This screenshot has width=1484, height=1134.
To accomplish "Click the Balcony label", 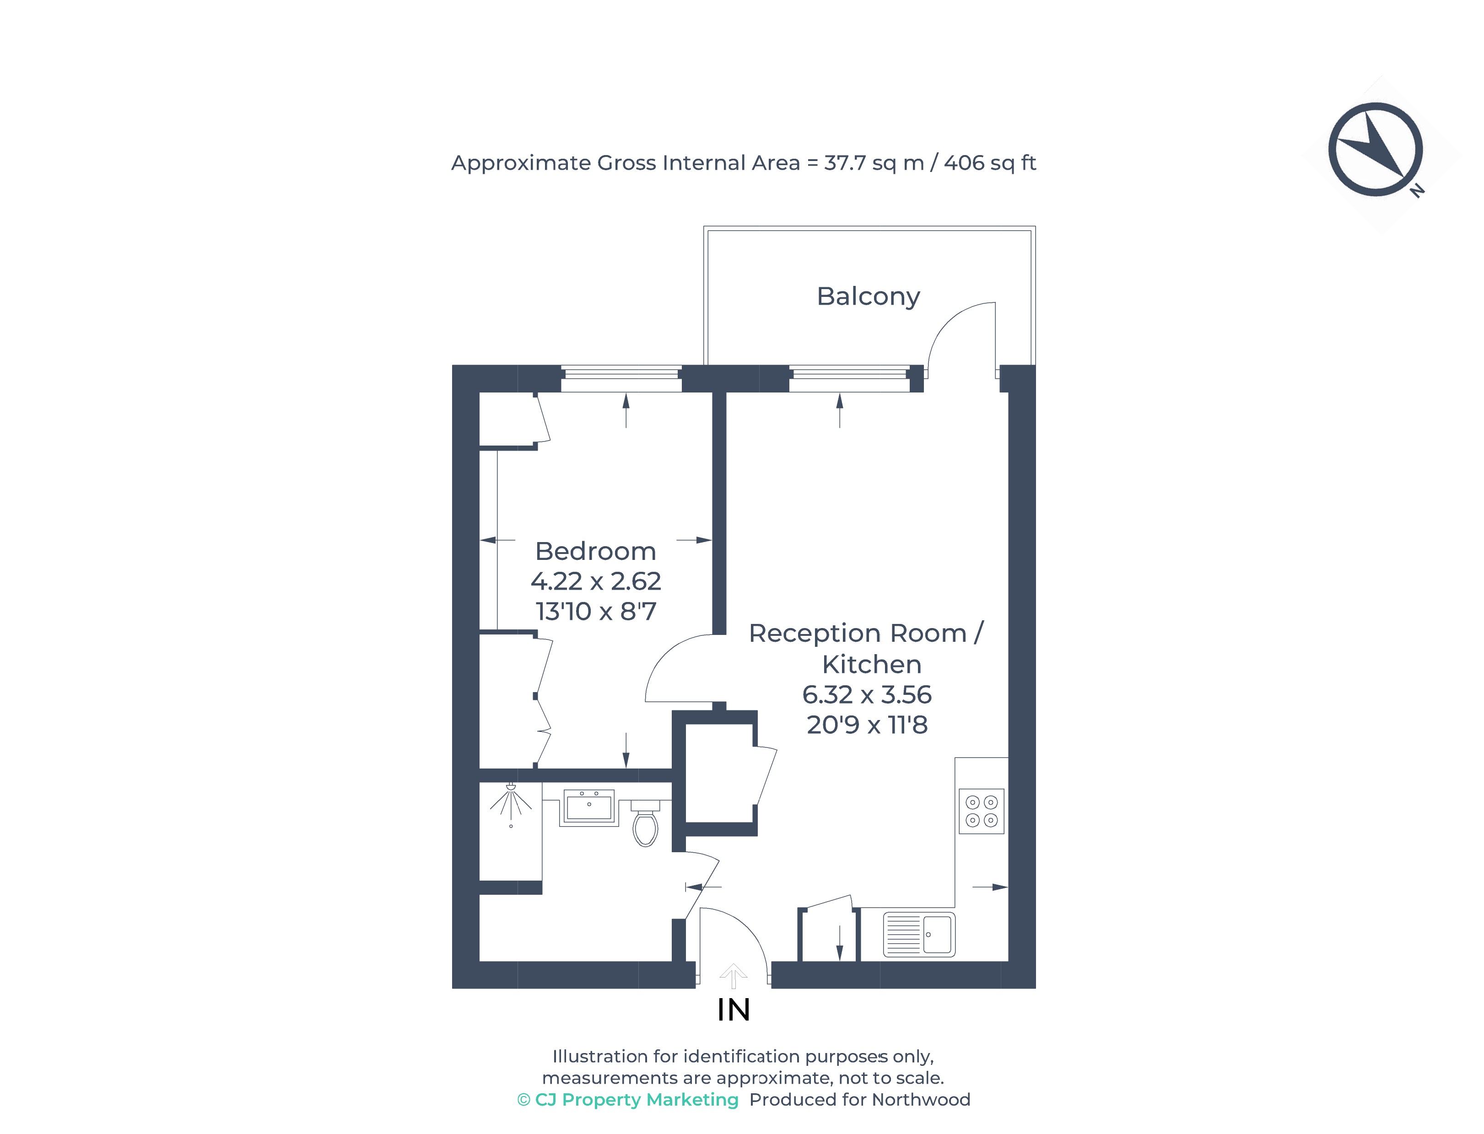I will pos(868,296).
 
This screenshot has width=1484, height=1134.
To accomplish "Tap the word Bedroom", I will pos(595,552).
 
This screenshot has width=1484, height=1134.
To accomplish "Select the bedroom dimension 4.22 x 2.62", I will pos(595,581).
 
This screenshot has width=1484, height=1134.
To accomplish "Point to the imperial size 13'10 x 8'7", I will pos(595,612).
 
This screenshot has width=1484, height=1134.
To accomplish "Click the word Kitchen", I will pos(871,665).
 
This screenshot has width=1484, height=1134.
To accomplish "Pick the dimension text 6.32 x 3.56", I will pos(866,694).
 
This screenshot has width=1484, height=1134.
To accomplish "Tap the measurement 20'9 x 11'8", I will pos(866,725).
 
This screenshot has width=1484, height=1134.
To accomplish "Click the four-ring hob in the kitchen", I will pos(981,812).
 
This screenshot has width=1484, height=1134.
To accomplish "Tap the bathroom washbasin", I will pos(589,807).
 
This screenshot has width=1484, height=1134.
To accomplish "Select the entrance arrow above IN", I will pos(733,975).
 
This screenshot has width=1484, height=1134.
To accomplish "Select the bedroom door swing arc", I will pos(669,658).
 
